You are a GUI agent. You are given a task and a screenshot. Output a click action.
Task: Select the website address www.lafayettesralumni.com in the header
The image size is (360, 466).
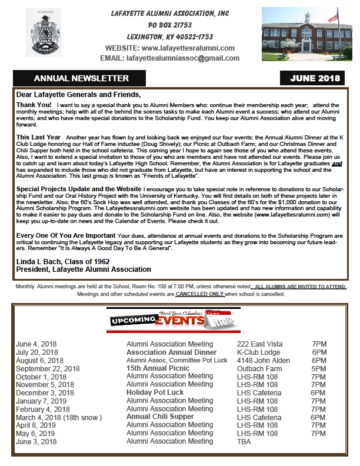(x=188, y=48)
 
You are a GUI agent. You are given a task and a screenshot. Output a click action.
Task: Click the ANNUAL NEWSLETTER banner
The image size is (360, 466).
(x=81, y=78)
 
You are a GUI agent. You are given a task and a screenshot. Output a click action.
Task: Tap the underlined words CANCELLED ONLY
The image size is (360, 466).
(x=200, y=294)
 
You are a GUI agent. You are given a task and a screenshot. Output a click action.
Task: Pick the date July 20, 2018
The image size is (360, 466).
(x=38, y=352)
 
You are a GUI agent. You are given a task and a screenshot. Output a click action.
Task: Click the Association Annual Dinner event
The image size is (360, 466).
(x=171, y=352)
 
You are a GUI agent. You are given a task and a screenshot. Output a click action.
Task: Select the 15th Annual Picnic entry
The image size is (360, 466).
(x=158, y=368)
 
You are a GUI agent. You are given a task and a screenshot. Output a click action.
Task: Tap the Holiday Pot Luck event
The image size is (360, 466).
(x=155, y=392)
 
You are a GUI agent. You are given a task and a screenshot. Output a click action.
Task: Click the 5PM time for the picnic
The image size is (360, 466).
(x=319, y=368)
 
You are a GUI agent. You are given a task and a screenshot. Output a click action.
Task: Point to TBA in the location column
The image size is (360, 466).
(x=244, y=441)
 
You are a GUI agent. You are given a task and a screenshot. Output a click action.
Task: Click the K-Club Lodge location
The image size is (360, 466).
(x=258, y=352)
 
